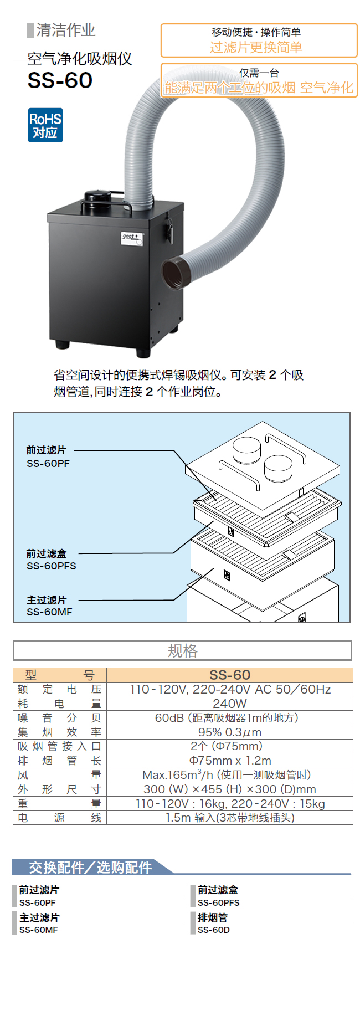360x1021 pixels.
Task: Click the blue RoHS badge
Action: [x=45, y=125]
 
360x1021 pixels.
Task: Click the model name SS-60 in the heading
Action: [x=60, y=81]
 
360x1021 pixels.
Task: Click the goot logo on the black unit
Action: [x=130, y=237]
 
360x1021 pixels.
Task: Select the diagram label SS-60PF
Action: [x=48, y=464]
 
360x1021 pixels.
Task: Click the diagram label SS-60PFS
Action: [x=52, y=566]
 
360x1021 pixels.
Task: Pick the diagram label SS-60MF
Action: [x=49, y=612]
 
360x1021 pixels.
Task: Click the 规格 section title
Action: [x=182, y=651]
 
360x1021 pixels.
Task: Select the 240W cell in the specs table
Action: [x=229, y=704]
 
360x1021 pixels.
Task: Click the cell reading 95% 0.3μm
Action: [x=229, y=732]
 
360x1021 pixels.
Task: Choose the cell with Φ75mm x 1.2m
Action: [x=230, y=761]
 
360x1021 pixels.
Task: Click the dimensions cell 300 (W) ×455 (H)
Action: [x=229, y=789]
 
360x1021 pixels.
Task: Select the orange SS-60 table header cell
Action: [x=230, y=675]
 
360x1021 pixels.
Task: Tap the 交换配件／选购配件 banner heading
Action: [x=90, y=867]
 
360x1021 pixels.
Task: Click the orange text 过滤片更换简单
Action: [x=256, y=48]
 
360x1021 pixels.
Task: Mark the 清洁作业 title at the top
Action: [x=65, y=30]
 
